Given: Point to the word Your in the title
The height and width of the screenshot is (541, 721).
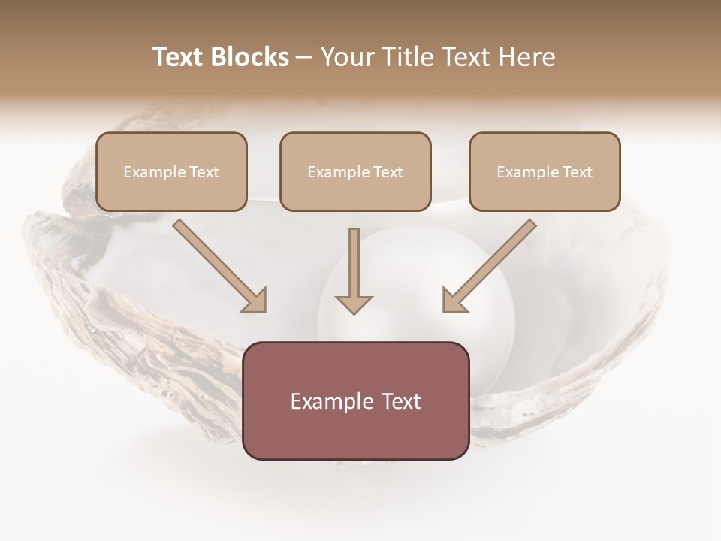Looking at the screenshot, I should tap(349, 57).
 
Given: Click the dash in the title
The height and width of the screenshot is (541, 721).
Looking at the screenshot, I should tap(304, 58).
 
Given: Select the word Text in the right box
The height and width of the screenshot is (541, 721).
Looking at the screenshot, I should tap(577, 172).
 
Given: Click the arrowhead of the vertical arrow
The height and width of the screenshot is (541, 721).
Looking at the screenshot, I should tap(354, 304).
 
